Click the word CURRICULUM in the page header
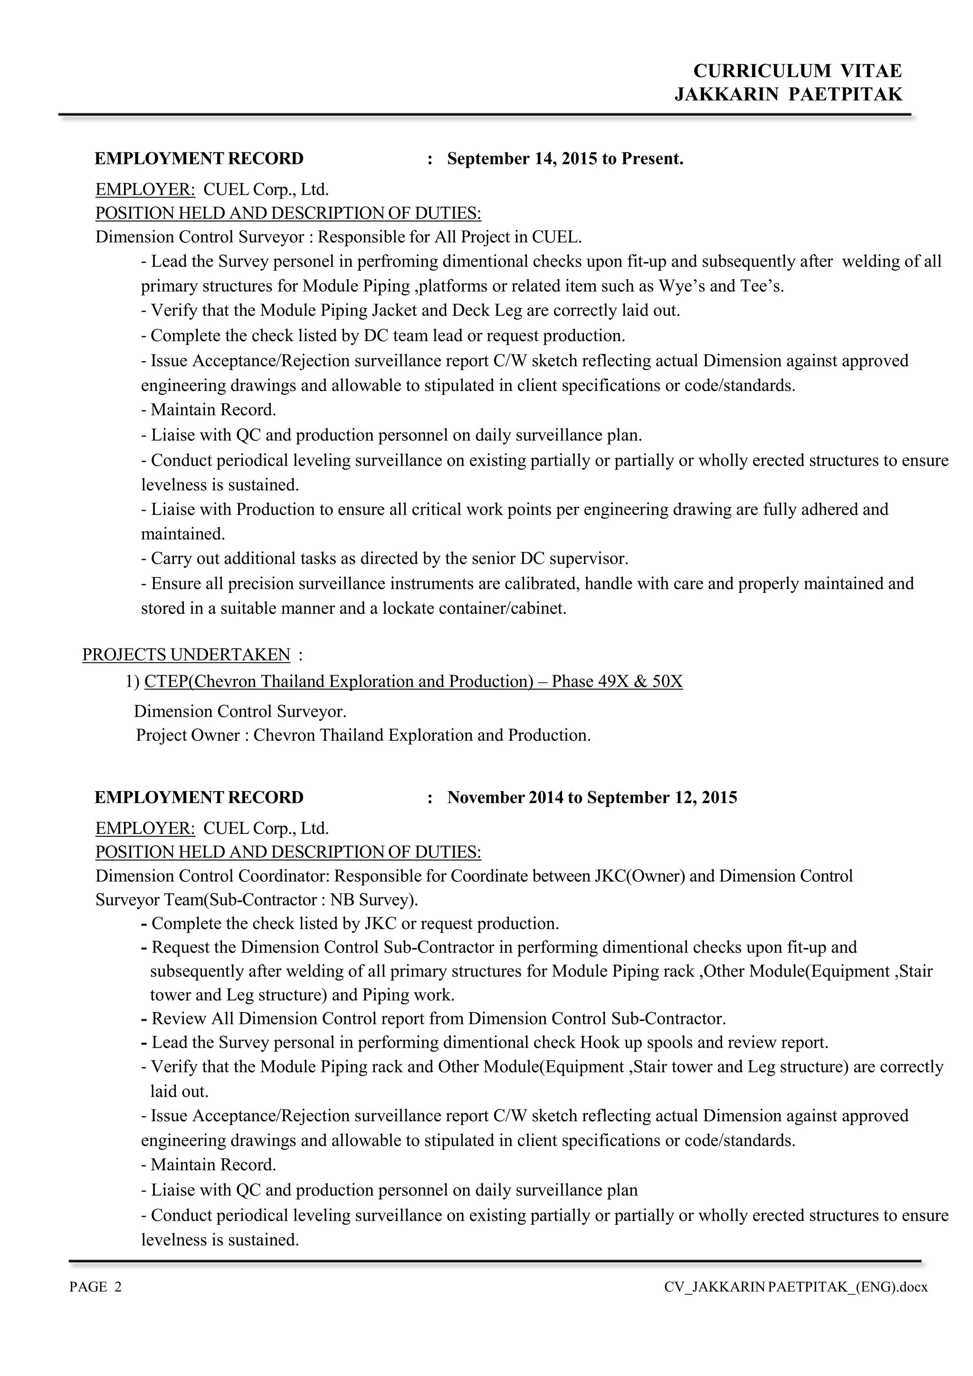click(762, 71)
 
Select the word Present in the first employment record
click(652, 159)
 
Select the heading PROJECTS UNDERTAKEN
click(186, 654)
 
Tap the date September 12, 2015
click(661, 798)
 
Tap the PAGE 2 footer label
click(96, 1287)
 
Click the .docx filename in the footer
click(796, 1287)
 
